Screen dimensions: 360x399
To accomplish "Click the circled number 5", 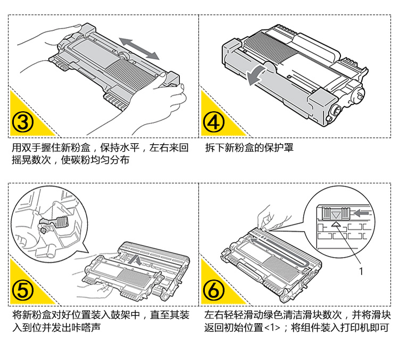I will point(23,290).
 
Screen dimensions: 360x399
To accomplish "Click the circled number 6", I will point(214,290).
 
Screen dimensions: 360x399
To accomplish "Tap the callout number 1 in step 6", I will point(361,271).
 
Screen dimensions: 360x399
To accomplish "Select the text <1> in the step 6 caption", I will point(271,328).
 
